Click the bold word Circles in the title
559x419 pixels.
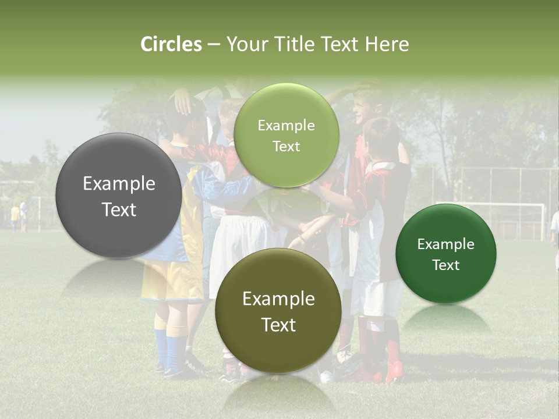(171, 44)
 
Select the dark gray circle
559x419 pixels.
(119, 196)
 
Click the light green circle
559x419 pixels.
(286, 135)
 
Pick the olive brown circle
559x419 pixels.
(278, 311)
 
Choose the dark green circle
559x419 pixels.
(446, 254)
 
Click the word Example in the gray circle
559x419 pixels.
(119, 184)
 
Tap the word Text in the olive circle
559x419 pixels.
(278, 325)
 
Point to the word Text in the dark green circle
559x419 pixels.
(446, 265)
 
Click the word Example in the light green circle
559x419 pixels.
(286, 125)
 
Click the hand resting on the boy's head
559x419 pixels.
(183, 102)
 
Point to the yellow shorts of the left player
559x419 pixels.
(169, 279)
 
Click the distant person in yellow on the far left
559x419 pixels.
(15, 216)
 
